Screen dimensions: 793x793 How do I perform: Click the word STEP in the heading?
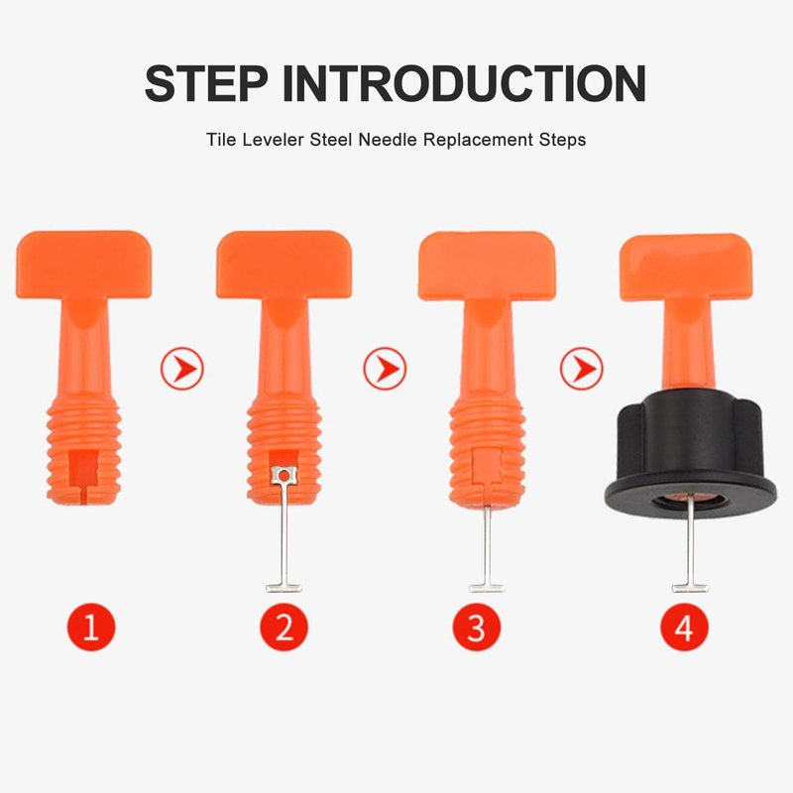206,83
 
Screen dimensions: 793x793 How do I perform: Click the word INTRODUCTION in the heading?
464,83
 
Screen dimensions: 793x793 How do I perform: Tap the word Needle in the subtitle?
389,140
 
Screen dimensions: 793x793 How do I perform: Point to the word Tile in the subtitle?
221,140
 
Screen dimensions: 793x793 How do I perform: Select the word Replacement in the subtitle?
479,140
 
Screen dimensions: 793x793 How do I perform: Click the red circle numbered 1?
91,627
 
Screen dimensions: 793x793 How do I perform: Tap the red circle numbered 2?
283,627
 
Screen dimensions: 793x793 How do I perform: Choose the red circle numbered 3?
477,627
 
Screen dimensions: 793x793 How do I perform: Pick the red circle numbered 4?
684,627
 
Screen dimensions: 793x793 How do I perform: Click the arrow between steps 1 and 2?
182,368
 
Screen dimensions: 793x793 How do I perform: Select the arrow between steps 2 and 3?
385,368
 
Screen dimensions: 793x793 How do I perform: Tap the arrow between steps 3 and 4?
582,368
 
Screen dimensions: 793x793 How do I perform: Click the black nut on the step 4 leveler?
690,455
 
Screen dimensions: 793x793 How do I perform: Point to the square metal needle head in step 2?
284,475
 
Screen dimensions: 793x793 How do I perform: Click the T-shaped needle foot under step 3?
487,588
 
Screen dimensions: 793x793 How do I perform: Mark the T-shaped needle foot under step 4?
690,588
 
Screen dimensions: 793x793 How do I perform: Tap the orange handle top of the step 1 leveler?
84,265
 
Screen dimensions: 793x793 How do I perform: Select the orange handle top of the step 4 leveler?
686,267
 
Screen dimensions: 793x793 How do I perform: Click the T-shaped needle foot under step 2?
284,588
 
